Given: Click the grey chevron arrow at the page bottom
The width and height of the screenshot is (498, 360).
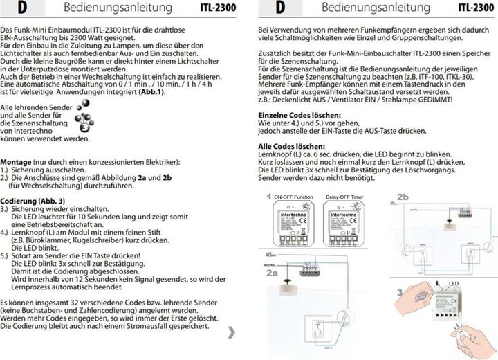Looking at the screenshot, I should (231, 333).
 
